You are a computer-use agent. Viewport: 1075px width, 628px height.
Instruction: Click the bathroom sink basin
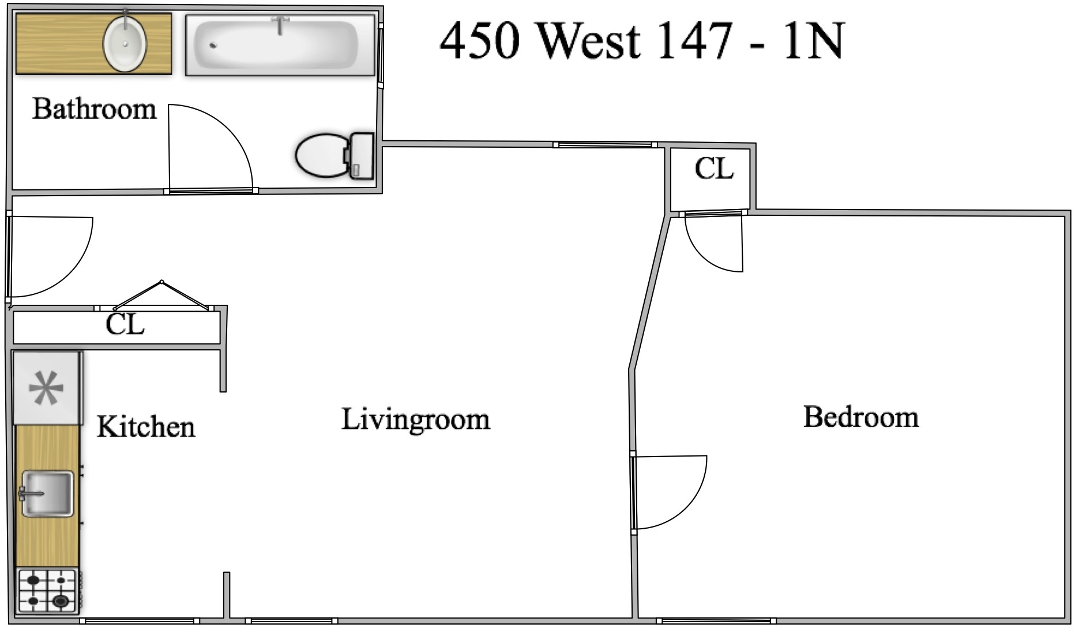124,43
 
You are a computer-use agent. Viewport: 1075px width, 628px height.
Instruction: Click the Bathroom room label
94,109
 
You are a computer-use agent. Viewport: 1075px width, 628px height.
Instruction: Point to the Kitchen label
146,427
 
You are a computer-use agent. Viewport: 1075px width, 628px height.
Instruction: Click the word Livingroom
415,420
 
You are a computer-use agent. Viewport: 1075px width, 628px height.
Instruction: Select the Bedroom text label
860,417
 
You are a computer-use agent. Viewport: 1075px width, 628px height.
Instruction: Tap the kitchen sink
47,494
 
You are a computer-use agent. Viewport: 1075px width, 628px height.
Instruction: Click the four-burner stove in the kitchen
47,590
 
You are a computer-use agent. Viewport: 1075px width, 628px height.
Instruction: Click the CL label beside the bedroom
714,169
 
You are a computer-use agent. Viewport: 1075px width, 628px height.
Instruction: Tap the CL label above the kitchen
125,325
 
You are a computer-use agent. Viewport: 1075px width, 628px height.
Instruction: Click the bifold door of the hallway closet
161,295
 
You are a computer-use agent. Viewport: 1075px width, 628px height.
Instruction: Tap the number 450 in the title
480,41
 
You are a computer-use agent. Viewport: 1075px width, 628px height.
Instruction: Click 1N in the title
813,41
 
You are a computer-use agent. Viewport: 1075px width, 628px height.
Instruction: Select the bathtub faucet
280,25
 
